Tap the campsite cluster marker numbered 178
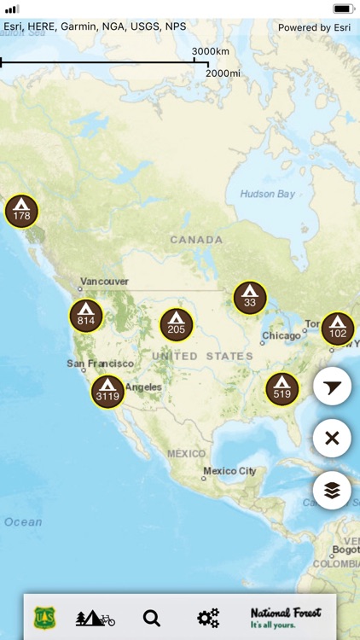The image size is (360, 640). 22,211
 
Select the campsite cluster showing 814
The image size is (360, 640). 86,316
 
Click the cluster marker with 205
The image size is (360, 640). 177,324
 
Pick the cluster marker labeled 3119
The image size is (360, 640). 108,391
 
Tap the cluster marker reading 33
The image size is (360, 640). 250,297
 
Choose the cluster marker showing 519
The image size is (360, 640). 282,388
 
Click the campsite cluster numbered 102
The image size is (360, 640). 338,329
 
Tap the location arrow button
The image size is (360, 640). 332,387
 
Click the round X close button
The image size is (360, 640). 332,439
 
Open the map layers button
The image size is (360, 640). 332,490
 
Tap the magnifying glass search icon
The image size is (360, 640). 152,618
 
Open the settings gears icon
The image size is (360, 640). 208,618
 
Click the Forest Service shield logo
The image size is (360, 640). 44,618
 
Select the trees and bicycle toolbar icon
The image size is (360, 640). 95,618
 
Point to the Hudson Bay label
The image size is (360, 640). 268,194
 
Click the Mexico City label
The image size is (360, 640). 229,471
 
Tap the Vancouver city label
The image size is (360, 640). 104,281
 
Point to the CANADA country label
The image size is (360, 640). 196,240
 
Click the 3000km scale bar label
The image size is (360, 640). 209,52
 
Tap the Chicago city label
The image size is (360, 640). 282,335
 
